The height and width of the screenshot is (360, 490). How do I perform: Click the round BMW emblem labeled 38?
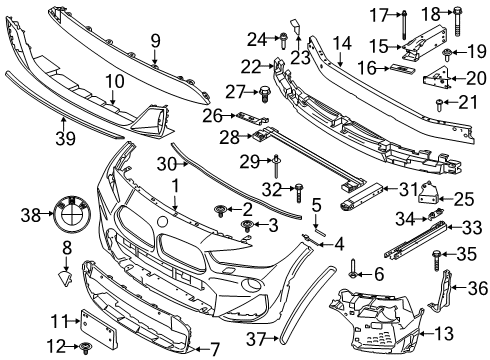74,214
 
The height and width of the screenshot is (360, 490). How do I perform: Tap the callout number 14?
343,43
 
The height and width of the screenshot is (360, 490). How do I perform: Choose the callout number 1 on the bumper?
176,185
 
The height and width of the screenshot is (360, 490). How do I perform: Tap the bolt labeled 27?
264,94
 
